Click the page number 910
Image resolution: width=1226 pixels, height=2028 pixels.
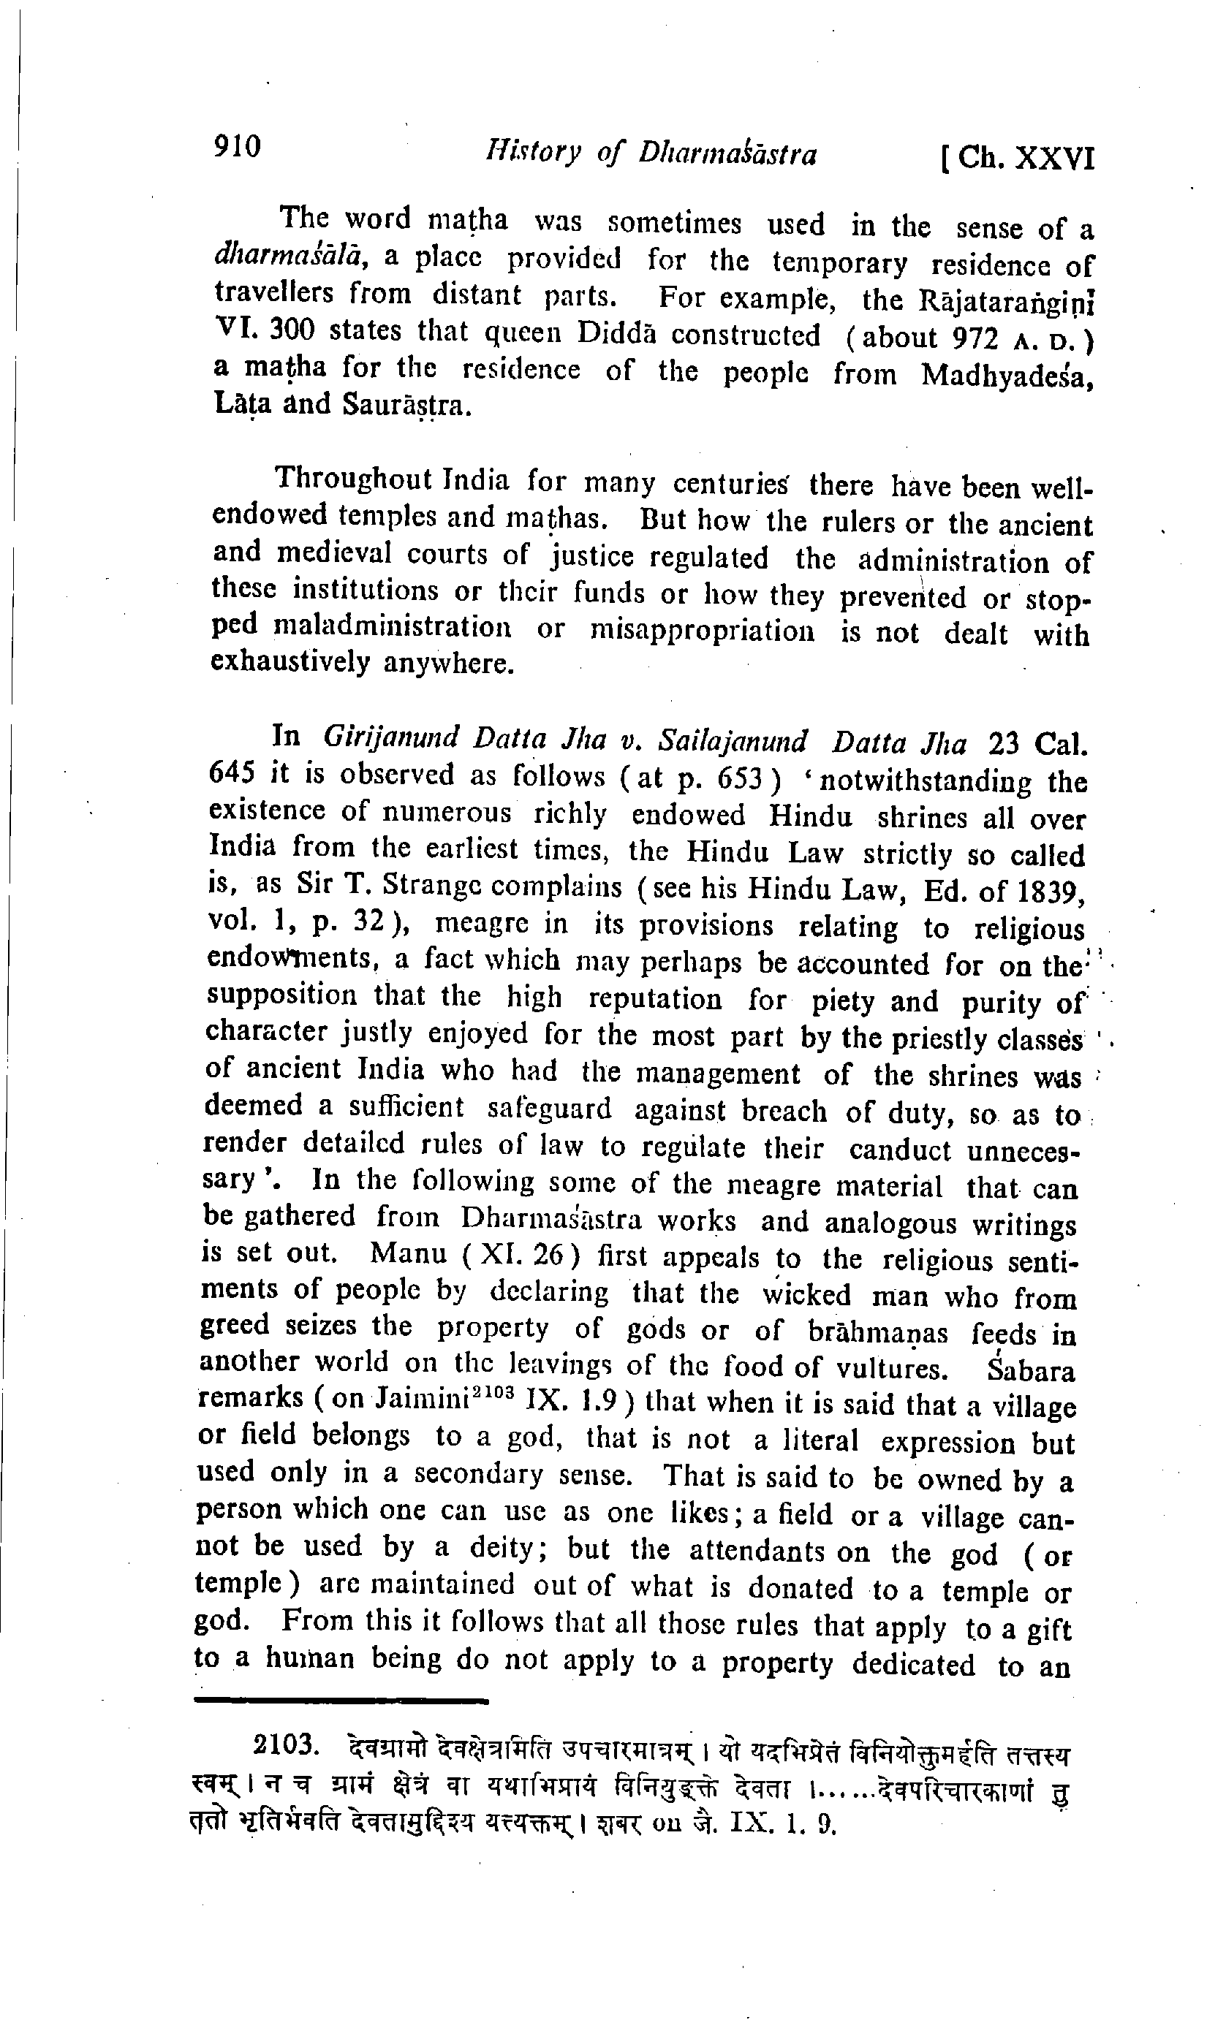pos(237,146)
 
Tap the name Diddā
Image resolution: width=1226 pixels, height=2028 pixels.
pos(611,333)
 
